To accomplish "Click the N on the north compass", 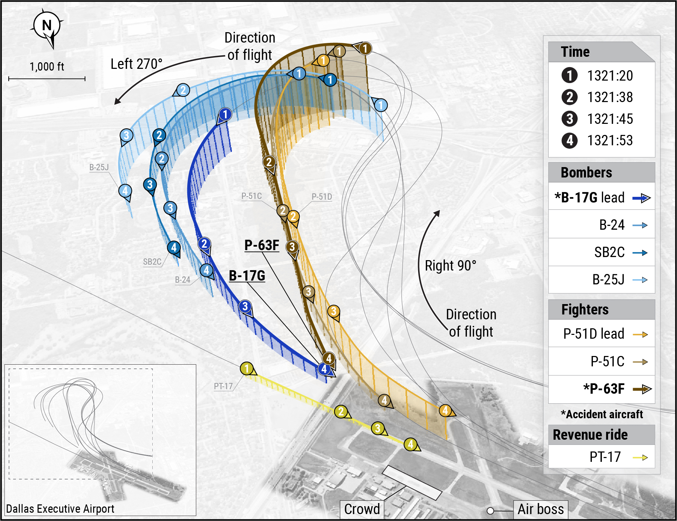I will pos(47,26).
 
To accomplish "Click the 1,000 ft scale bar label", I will pos(47,66).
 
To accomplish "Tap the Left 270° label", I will pos(136,64).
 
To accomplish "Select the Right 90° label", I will pos(450,266).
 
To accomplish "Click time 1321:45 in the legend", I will pos(610,119).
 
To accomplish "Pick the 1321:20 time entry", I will pos(610,76).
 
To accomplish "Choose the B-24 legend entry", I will pos(612,225).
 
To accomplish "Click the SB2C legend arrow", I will pos(640,253).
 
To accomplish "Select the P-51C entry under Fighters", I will pos(607,362).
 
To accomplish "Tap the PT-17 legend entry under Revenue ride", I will pos(605,457).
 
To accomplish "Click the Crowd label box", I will pos(362,509).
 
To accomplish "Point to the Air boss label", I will pos(540,509).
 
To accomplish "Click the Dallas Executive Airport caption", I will pos(60,509).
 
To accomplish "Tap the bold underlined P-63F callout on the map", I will pos(262,245).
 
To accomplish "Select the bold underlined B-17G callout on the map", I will pos(247,276).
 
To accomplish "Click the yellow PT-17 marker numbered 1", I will pos(247,368).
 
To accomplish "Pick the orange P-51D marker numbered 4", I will pos(445,411).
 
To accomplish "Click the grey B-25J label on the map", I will pos(99,167).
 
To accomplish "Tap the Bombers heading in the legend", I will pos(586,172).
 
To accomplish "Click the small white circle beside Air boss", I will pos(490,511).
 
